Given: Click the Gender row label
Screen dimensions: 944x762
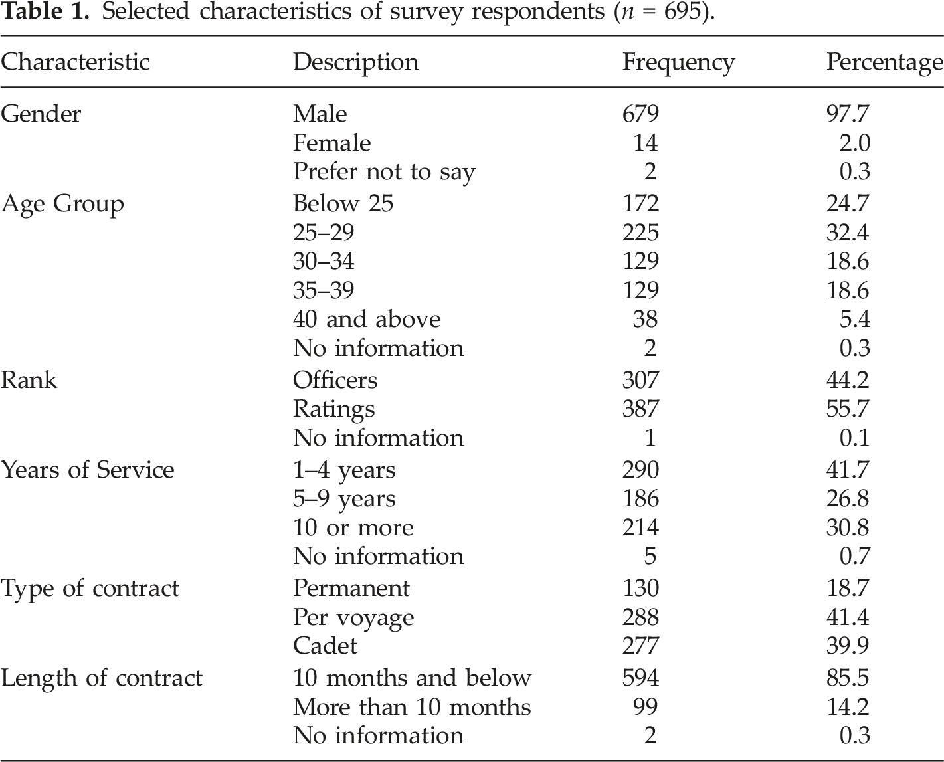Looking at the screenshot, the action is [x=41, y=114].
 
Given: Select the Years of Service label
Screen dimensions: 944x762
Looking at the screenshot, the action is [x=87, y=470].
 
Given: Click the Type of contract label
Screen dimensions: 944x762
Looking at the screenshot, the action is [x=90, y=589].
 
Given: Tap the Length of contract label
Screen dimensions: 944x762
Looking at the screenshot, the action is [x=102, y=678].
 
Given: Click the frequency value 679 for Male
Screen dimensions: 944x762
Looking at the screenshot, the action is [x=640, y=114].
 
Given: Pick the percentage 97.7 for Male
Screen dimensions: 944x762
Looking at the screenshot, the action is [x=848, y=114].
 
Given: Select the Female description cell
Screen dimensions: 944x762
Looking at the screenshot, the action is [x=331, y=143].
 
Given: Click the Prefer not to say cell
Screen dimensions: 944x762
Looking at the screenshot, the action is [x=384, y=173].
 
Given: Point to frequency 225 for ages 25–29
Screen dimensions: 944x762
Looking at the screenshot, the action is [x=640, y=233].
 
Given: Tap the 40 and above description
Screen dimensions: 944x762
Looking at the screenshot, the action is [x=367, y=319].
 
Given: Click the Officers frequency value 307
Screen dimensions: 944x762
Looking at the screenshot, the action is [x=640, y=380].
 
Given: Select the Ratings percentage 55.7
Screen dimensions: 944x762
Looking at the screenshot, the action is [x=848, y=409].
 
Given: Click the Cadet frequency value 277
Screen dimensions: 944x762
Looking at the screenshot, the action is [x=640, y=646].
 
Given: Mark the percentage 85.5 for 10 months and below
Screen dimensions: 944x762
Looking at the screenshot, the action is [x=848, y=678].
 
